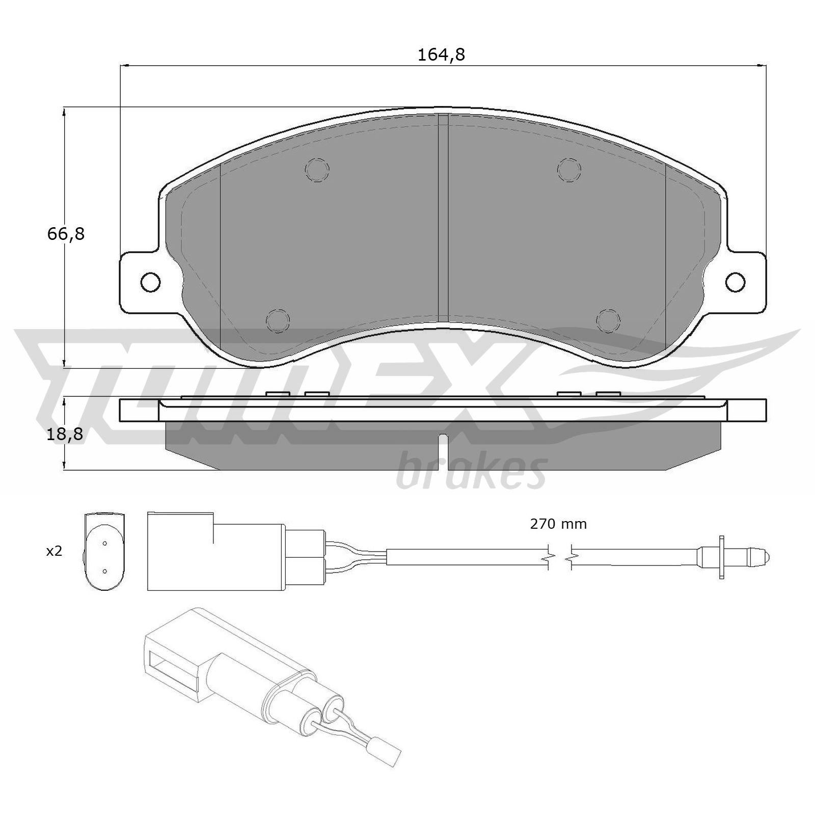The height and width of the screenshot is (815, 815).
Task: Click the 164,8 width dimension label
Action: tap(441, 55)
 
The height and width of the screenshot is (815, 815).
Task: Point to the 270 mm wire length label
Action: tap(558, 524)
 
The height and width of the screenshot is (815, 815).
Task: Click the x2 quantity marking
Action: tap(54, 551)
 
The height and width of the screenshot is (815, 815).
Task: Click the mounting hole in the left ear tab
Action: tap(150, 282)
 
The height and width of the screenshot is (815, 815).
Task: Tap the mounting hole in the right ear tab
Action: tap(736, 282)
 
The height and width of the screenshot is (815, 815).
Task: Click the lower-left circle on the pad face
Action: tap(278, 320)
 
